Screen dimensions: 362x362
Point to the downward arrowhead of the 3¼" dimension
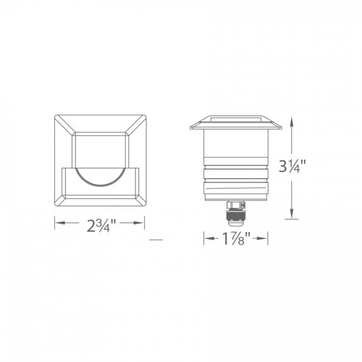point(291,215)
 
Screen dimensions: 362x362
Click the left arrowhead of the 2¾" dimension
point(58,223)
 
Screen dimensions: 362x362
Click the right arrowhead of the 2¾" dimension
point(141,223)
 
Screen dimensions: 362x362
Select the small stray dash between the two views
point(156,240)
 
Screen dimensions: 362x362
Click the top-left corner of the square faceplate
point(55,116)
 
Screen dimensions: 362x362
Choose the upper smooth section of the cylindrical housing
point(236,146)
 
